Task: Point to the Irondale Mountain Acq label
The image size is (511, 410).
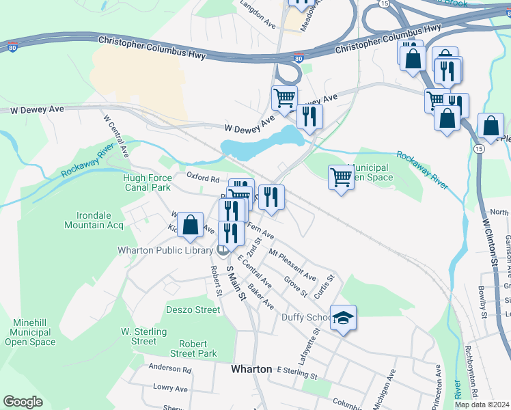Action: coord(94,219)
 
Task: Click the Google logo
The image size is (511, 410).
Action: coord(23,402)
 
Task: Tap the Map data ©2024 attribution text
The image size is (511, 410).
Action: coord(482,405)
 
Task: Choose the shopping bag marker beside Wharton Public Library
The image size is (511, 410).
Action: coord(191,225)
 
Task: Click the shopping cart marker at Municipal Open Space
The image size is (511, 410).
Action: coord(341,178)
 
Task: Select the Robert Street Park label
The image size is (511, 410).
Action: coord(198,348)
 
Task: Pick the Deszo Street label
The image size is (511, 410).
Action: coord(193,310)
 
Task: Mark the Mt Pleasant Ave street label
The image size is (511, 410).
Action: coord(292,266)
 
